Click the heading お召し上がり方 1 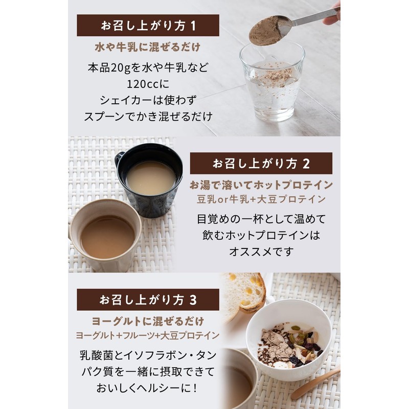click(x=148, y=25)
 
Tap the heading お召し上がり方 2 click(x=261, y=164)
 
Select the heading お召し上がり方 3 click(x=148, y=300)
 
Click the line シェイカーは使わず click(x=148, y=99)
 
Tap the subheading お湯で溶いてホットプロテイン click(x=261, y=185)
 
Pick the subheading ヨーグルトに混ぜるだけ click(x=148, y=322)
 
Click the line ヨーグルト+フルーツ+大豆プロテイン click(x=148, y=336)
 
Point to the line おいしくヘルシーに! click(x=148, y=388)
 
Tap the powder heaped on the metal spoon click(x=266, y=31)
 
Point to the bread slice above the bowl click(x=244, y=291)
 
